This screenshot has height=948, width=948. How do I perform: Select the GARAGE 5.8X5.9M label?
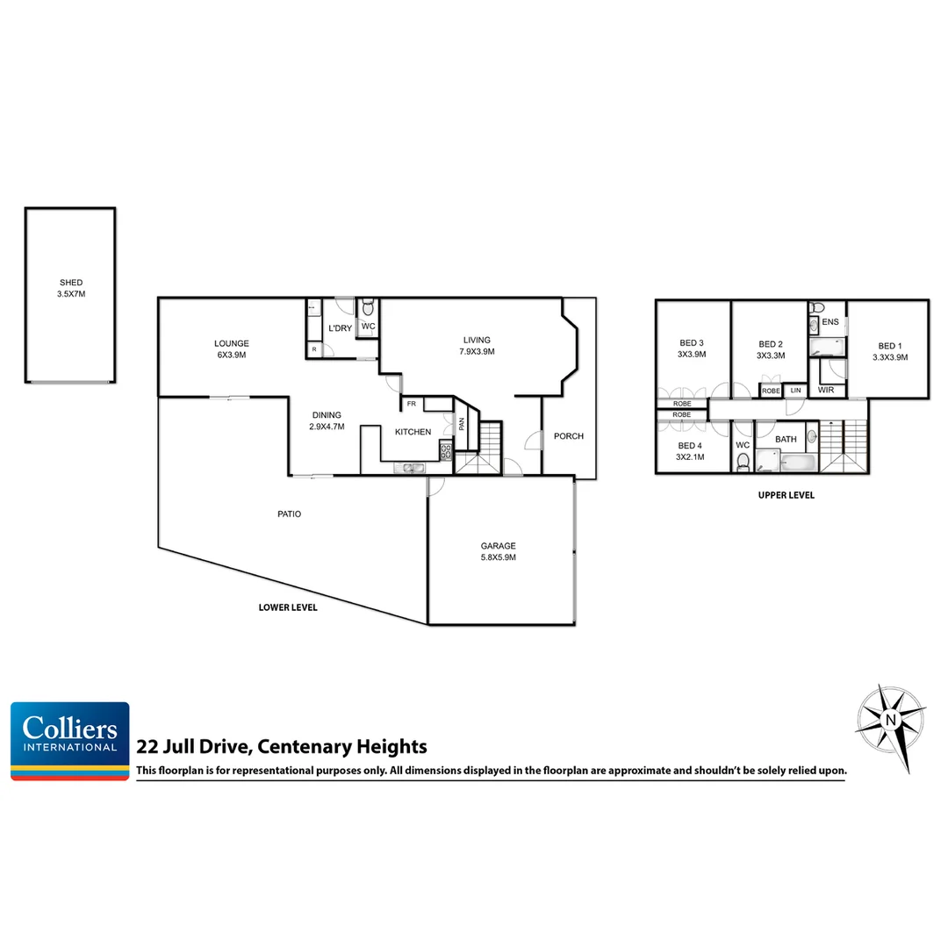[498, 550]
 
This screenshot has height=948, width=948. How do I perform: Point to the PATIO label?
[289, 514]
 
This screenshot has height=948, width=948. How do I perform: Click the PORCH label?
[569, 436]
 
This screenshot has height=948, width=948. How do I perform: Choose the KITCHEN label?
[413, 432]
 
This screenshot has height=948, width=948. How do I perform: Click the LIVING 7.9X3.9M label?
[478, 345]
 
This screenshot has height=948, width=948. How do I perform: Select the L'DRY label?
[340, 328]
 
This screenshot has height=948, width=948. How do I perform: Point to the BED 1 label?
[889, 351]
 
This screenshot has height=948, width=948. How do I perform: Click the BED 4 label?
[689, 450]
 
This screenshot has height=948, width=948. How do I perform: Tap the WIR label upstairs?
[825, 390]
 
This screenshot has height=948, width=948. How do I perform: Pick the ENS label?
[830, 322]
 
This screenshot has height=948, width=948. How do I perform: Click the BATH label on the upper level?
[786, 439]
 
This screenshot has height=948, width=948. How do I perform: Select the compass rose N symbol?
[891, 722]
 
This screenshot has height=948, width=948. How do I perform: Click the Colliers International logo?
[70, 740]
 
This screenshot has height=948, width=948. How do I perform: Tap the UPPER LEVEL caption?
[786, 495]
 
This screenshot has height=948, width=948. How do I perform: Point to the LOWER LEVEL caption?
[288, 607]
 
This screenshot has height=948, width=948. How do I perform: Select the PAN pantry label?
[461, 424]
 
